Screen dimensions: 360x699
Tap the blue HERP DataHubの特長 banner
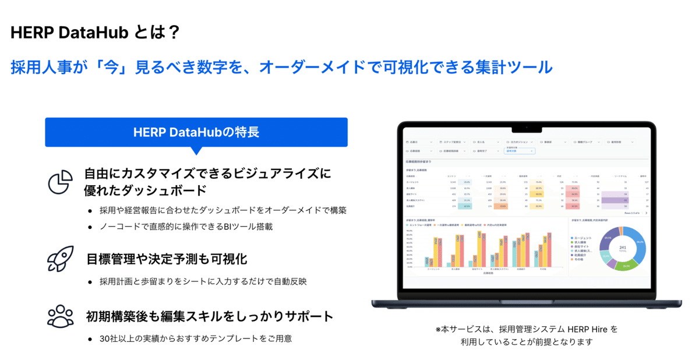[x=196, y=132]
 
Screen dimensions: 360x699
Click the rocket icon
[x=60, y=259]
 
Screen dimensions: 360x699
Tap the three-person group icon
[x=60, y=316]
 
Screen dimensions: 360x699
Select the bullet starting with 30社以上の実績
[x=195, y=338]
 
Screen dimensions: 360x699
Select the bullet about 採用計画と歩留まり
[x=203, y=281]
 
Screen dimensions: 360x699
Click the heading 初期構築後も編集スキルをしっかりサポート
[x=209, y=316]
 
